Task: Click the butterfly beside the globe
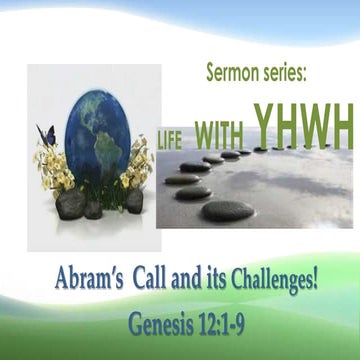[44, 133]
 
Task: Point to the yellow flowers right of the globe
[138, 168]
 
